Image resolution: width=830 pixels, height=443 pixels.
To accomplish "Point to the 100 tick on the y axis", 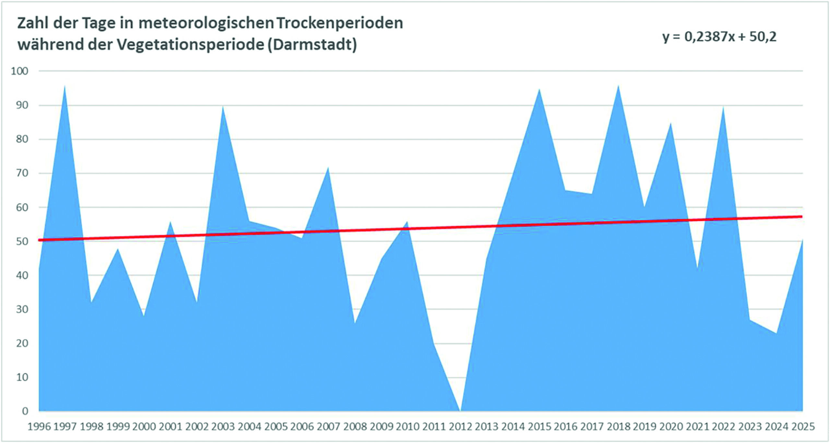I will pos(20,71).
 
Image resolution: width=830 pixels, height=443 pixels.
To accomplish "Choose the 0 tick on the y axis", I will pos(25,411).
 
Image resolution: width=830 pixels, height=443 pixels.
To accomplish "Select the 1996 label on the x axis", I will pos(39,426).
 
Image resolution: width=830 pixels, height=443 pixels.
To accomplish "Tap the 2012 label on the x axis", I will pos(460,426).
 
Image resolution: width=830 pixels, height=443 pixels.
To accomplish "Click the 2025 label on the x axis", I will pos(802,426).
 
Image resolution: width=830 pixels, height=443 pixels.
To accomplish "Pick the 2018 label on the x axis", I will pos(618,426).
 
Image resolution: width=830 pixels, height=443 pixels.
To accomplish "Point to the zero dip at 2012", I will pos(460,410).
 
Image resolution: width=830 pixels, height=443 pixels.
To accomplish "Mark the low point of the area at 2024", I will pos(776,333).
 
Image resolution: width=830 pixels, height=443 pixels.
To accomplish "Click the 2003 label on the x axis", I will pos(223,426).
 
